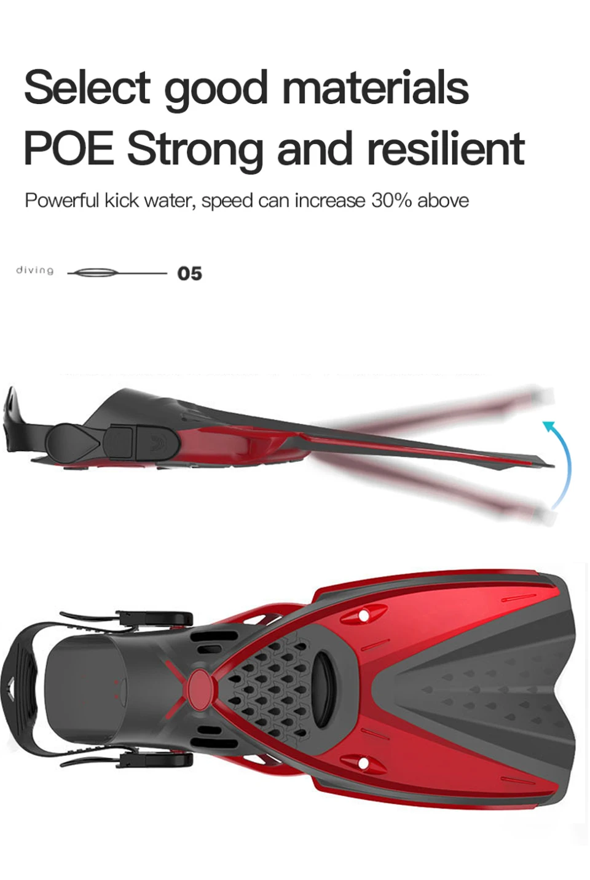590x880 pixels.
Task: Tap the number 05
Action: click(x=190, y=274)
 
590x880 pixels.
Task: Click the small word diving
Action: click(x=35, y=271)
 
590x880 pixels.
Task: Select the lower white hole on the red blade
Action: click(x=364, y=762)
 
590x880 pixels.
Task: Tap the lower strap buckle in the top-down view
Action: click(x=156, y=760)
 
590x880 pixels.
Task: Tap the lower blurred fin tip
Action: click(x=541, y=512)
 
